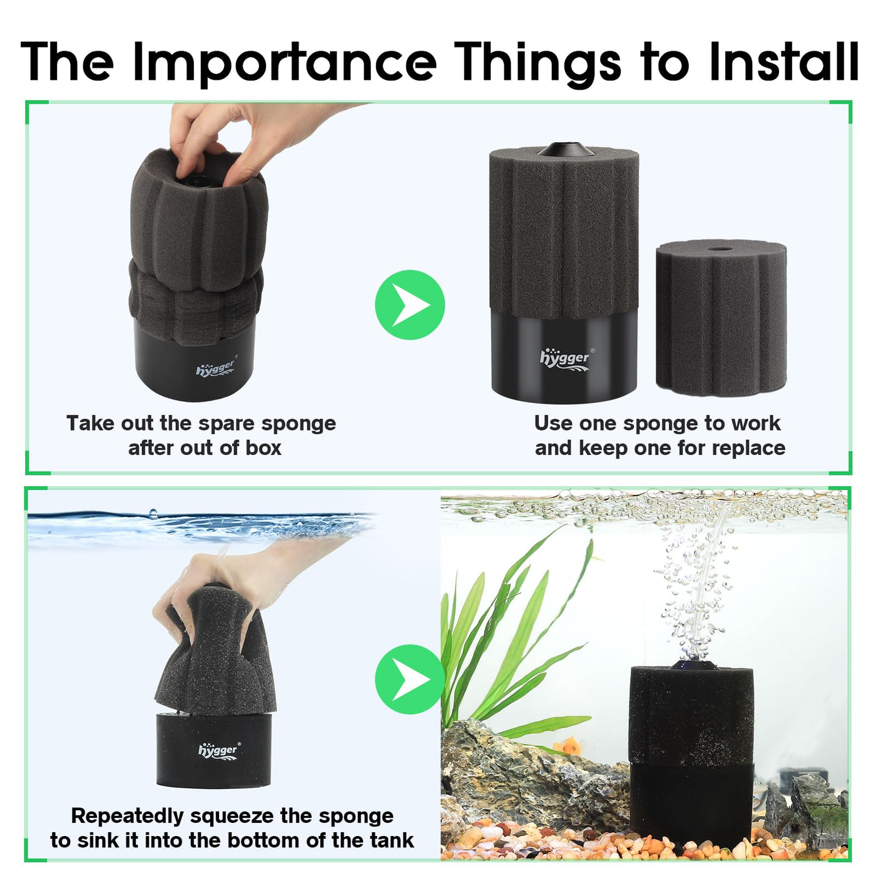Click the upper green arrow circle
pyautogui.click(x=410, y=305)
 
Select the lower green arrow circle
pyautogui.click(x=410, y=679)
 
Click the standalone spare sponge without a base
pyautogui.click(x=721, y=318)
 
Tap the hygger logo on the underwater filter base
pyautogui.click(x=220, y=750)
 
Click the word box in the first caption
pyautogui.click(x=263, y=448)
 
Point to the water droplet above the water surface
pyautogui.click(x=153, y=513)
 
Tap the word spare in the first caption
pyautogui.click(x=225, y=424)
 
